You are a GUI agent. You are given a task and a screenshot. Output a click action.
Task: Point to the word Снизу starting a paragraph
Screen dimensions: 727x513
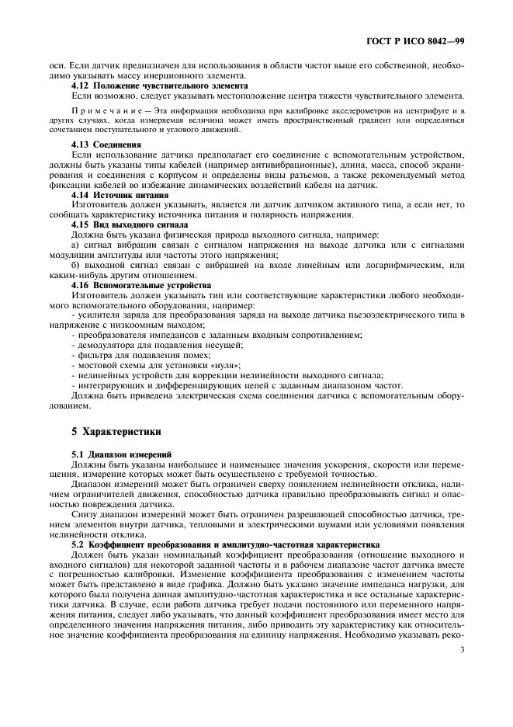pyautogui.click(x=85, y=514)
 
